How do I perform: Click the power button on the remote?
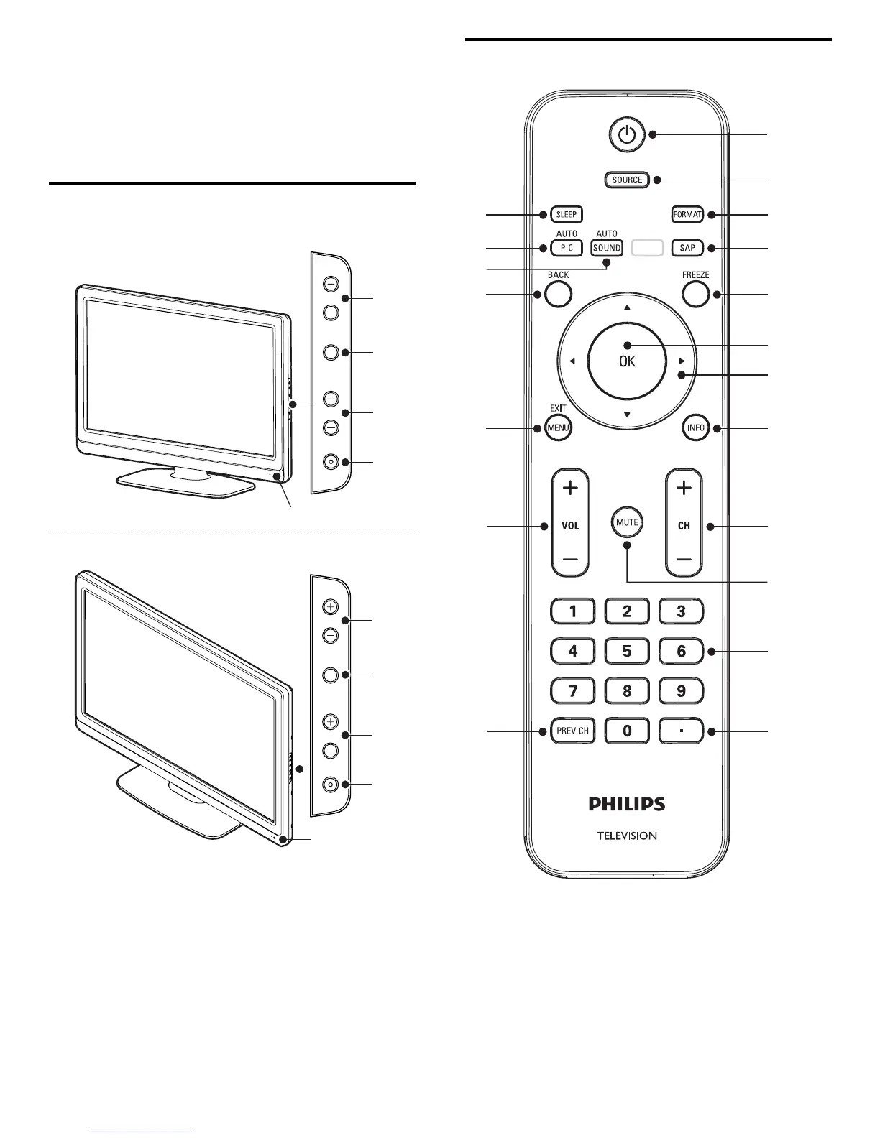(x=627, y=134)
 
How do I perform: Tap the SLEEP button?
(x=567, y=214)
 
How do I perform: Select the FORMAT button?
(x=687, y=214)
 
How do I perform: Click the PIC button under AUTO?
(x=567, y=248)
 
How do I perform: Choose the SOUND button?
(x=607, y=248)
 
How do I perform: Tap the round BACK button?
(x=558, y=294)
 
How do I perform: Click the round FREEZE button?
(x=695, y=294)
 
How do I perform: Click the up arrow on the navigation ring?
(x=627, y=307)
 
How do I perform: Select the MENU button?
(x=558, y=428)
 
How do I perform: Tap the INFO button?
(x=695, y=428)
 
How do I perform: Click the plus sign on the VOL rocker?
(x=570, y=489)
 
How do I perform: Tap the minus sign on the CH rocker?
(x=684, y=559)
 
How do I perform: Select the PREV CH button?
(x=573, y=731)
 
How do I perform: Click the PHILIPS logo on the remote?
(x=627, y=804)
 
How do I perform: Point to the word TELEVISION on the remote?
(x=627, y=836)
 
